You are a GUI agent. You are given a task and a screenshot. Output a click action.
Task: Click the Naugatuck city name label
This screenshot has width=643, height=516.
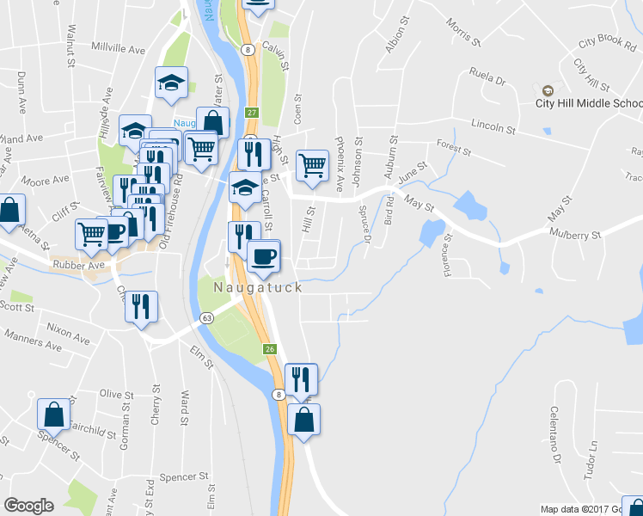pos(257,287)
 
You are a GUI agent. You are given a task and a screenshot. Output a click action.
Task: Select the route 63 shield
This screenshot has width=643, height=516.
pos(207,318)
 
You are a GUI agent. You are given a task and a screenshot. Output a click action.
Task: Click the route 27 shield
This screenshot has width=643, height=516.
pos(252,113)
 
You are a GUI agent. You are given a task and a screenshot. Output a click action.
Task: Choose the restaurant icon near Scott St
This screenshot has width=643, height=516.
pos(141,305)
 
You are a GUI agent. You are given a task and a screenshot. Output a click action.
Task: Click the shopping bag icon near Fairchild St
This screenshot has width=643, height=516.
pos(54,414)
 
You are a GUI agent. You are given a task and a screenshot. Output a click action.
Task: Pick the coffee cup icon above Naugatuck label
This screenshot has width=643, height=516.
pos(263,255)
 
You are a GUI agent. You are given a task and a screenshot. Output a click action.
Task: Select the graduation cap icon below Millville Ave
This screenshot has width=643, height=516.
pos(171,83)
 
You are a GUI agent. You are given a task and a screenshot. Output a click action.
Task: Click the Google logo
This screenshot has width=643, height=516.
pos(28,506)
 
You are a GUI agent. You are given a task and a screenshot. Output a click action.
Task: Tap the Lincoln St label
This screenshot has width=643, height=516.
pos(493,128)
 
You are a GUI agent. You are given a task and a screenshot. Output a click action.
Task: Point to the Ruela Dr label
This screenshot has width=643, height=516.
pos(487,77)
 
